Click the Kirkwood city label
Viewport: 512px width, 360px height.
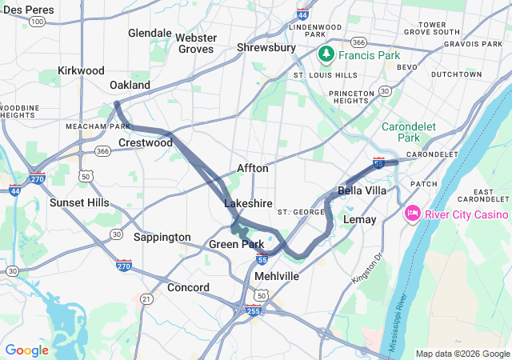click(x=81, y=71)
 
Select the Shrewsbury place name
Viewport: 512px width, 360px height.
click(x=267, y=48)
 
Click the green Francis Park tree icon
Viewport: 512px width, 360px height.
click(x=326, y=55)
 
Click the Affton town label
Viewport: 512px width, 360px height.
click(x=253, y=169)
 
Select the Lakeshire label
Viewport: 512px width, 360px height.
click(x=248, y=204)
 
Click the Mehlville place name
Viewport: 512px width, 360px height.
click(x=276, y=276)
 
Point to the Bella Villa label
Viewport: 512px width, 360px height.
click(x=362, y=191)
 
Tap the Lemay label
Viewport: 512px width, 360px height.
click(x=358, y=219)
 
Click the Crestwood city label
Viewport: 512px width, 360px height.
click(x=145, y=143)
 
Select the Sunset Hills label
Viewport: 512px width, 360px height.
click(x=79, y=203)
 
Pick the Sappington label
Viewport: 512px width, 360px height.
click(x=162, y=238)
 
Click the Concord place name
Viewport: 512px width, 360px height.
click(x=188, y=288)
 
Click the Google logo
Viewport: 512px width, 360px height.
click(x=26, y=350)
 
